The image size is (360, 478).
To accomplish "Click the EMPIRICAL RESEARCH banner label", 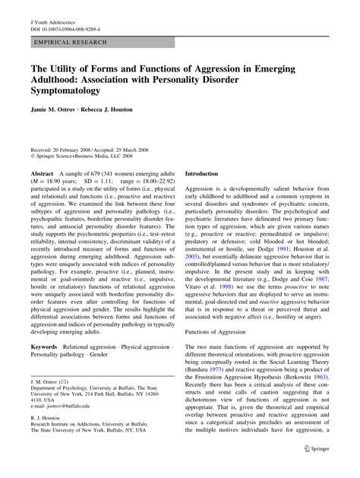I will coord(69,43).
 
